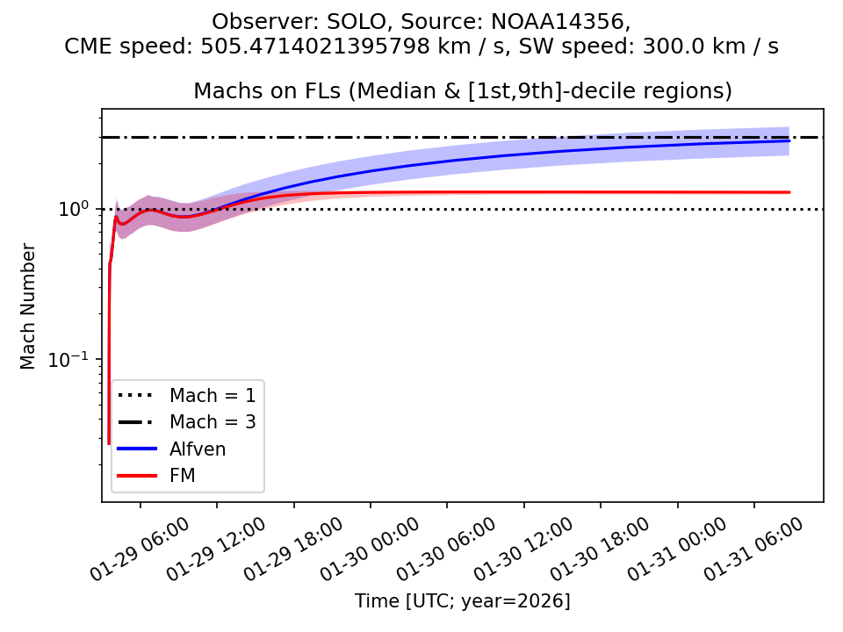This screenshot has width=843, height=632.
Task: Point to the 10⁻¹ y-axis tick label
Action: click(76, 359)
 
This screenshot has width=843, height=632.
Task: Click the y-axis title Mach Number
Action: click(29, 306)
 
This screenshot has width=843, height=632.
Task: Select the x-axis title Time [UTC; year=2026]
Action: click(463, 601)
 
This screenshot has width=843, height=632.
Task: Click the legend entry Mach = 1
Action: click(213, 395)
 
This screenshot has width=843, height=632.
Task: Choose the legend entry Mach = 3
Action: click(213, 421)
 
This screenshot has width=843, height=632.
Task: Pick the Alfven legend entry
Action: click(198, 449)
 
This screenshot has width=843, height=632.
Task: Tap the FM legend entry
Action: click(182, 476)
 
